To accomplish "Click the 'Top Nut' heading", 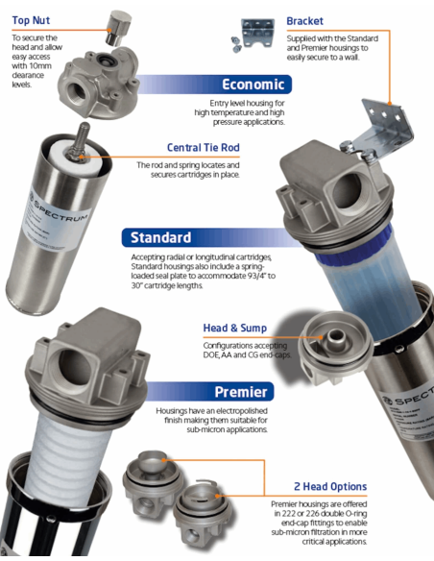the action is point(31,20).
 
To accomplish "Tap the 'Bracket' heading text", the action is point(304,21).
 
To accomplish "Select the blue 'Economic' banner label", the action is point(253,85).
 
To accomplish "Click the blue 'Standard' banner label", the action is point(160,237).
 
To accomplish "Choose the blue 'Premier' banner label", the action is point(241,392).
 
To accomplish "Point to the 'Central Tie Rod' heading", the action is point(203,147).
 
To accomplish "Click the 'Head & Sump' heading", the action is point(235,329).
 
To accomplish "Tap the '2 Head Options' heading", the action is point(330,487).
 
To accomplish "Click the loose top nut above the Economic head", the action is point(118,28).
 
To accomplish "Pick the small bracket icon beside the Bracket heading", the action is point(254,34).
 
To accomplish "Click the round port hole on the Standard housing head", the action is point(346,190).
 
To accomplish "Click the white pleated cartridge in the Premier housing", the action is point(68,462).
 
